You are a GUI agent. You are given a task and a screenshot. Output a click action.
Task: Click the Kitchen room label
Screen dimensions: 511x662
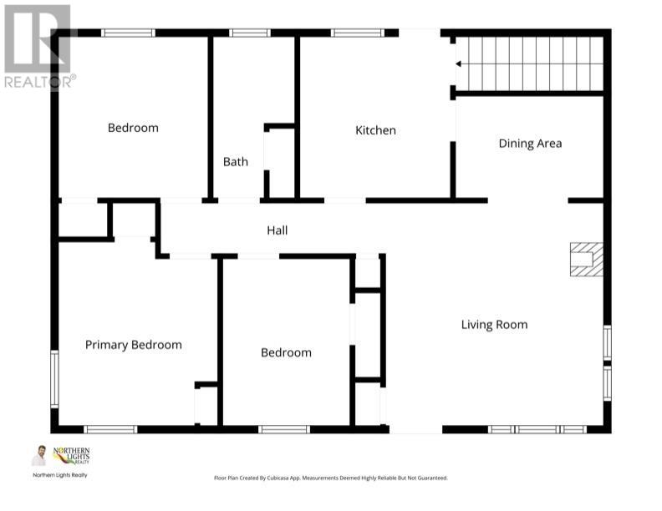(375, 130)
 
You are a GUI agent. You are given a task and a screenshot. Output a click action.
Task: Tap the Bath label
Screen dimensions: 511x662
(235, 162)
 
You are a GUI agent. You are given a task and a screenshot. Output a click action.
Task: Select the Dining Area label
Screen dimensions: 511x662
(530, 144)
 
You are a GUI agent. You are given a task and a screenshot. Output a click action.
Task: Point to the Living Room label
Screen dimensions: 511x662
(494, 325)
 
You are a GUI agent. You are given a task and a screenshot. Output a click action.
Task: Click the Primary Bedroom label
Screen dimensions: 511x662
(133, 345)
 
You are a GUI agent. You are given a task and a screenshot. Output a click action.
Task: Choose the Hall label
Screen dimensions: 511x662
(278, 230)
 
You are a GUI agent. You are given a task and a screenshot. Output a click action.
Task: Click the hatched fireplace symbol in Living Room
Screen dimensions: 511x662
(586, 259)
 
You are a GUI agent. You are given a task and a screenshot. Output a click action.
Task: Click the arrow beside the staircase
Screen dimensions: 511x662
(458, 63)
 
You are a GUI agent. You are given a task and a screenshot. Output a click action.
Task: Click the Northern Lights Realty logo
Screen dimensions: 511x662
(70, 456)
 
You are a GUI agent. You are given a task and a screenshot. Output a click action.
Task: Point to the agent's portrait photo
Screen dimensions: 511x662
(39, 456)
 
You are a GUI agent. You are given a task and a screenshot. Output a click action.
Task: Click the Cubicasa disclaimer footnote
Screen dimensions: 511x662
(331, 478)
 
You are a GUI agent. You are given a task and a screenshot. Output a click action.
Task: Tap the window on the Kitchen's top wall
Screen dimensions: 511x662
(357, 33)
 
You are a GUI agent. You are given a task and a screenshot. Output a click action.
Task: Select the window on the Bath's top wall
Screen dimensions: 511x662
(250, 33)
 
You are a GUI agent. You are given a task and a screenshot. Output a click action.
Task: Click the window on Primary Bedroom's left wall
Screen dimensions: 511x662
(54, 378)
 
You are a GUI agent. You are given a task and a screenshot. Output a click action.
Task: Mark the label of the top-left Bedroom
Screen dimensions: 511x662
(133, 128)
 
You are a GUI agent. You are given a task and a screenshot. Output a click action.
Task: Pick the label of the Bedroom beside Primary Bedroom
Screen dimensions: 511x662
(286, 353)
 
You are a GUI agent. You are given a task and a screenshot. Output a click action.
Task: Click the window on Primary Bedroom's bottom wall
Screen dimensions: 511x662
(110, 429)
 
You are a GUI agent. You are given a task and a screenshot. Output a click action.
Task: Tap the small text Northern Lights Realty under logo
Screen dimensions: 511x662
(59, 475)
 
